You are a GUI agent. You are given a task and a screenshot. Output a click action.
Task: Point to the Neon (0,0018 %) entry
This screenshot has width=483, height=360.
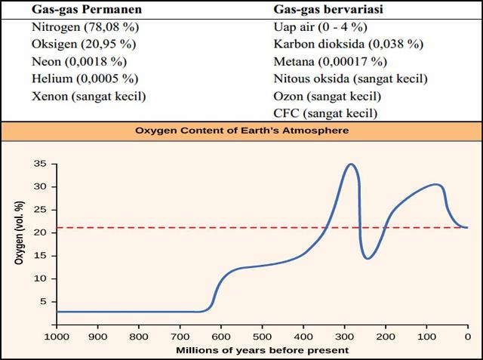(x=80, y=63)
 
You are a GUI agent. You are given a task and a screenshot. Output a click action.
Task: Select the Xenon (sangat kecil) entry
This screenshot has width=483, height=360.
(x=88, y=96)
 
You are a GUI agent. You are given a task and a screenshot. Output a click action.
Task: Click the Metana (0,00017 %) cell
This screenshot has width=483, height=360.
(x=331, y=63)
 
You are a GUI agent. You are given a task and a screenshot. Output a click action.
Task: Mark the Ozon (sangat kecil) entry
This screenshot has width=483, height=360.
(x=328, y=96)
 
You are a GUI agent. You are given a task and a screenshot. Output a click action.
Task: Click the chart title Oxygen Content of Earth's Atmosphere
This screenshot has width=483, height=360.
(x=241, y=130)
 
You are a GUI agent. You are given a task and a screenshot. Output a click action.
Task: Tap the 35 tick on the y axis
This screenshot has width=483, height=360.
(x=41, y=164)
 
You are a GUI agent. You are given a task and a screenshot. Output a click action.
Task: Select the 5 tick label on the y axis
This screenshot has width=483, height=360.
(x=44, y=301)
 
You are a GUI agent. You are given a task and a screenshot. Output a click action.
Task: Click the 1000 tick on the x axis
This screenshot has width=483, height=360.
(x=57, y=336)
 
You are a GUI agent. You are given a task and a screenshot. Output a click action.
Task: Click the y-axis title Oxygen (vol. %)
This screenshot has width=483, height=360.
(x=18, y=232)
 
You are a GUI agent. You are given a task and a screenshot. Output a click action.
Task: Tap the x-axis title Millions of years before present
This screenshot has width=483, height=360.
(x=262, y=350)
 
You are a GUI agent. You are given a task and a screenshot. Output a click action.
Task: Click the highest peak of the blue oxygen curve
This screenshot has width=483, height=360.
(x=350, y=164)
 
